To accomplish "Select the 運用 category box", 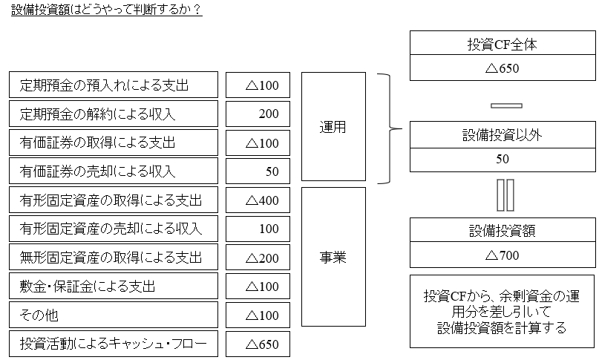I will click(x=333, y=127).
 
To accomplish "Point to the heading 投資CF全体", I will click(x=503, y=45).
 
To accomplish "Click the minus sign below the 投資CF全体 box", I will click(x=503, y=105).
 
